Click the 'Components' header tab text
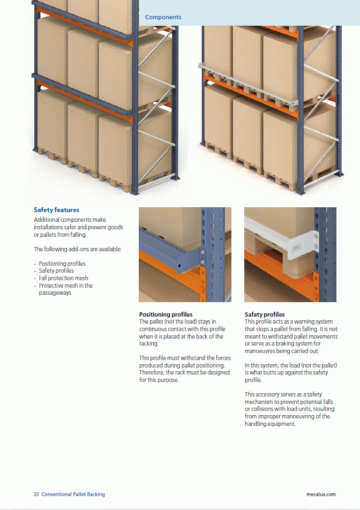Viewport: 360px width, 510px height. [163, 17]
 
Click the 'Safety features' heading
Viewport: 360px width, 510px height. [56, 210]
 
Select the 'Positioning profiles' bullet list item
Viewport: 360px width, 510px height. [62, 264]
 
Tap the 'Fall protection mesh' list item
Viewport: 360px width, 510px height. [63, 278]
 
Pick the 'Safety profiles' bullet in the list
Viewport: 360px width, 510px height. [56, 271]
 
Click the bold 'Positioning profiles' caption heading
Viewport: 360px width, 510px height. [166, 314]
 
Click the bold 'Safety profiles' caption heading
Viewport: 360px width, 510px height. [265, 314]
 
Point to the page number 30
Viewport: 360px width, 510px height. [36, 494]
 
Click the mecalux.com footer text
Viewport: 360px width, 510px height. [317, 494]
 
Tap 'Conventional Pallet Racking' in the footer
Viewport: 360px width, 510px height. [73, 494]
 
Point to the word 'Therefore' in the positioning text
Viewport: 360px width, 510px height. [152, 373]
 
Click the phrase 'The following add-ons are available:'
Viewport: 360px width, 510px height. [78, 249]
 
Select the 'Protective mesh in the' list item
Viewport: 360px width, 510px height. [65, 286]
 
